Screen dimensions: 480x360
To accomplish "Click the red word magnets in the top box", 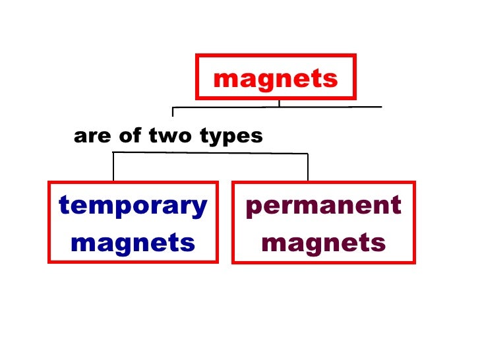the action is pyautogui.click(x=276, y=79).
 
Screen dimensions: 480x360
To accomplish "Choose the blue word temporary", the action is pyautogui.click(x=133, y=206).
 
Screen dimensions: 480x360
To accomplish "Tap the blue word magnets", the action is pyautogui.click(x=133, y=243).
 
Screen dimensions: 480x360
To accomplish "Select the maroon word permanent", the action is pyautogui.click(x=323, y=206).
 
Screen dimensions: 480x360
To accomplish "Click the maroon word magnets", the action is pyautogui.click(x=323, y=243).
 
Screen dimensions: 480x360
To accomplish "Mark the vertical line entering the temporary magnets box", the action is pyautogui.click(x=113, y=167).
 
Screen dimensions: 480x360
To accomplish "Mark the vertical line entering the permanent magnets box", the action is pyautogui.click(x=308, y=167).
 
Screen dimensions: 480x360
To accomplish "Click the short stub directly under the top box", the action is pyautogui.click(x=279, y=103).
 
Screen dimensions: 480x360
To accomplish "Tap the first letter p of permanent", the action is pyautogui.click(x=253, y=208).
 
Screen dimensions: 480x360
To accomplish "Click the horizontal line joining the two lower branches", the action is pyautogui.click(x=211, y=153).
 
